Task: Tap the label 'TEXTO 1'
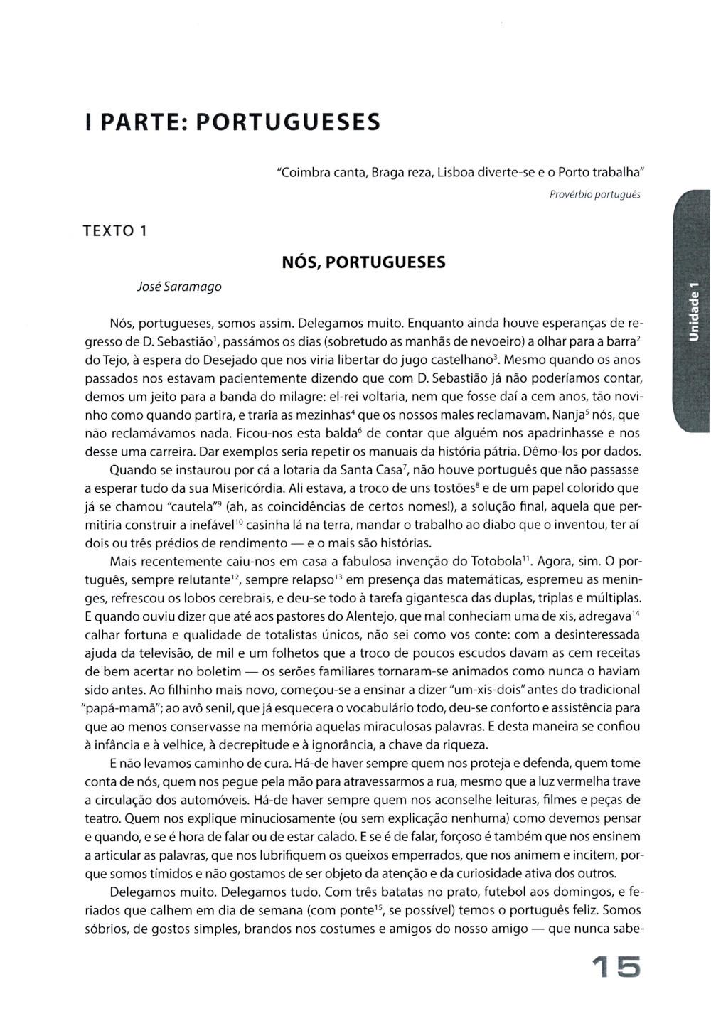(x=114, y=230)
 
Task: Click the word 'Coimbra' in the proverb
(x=304, y=172)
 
